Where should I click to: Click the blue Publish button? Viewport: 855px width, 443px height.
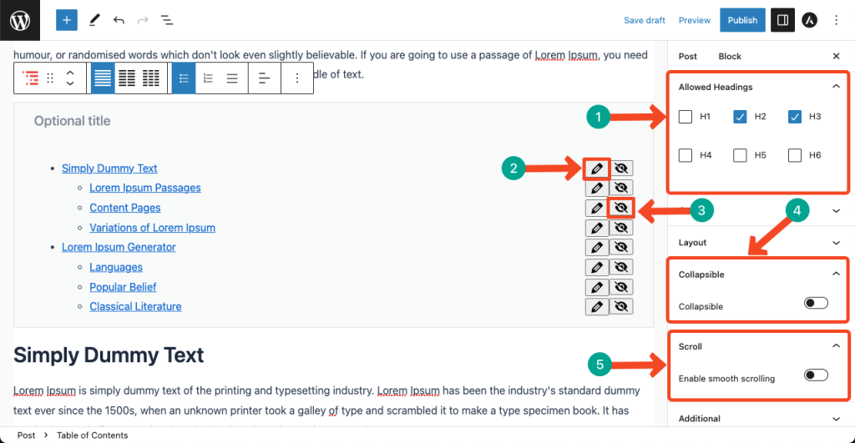[x=742, y=20]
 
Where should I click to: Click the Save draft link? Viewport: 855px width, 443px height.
[x=645, y=20]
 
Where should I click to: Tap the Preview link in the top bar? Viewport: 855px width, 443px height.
[x=695, y=20]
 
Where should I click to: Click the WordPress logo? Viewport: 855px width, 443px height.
[x=20, y=20]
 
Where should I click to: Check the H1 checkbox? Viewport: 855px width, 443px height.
[x=686, y=117]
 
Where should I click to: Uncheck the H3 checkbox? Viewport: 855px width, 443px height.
[x=795, y=117]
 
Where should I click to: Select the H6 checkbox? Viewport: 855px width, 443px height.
[x=795, y=155]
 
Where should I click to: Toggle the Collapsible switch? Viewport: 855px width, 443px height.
[x=816, y=303]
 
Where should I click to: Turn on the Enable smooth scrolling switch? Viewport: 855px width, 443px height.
[x=816, y=375]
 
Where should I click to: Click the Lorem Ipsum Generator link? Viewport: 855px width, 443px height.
[x=119, y=247]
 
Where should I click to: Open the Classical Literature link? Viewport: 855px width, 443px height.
[x=135, y=306]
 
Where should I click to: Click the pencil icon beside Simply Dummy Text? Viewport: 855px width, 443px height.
[x=596, y=169]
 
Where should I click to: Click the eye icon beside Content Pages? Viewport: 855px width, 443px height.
[x=620, y=208]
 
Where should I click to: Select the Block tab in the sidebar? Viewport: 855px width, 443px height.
[x=730, y=56]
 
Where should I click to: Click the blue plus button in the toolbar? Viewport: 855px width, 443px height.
[x=67, y=20]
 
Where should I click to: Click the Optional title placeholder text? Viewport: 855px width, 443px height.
[x=72, y=121]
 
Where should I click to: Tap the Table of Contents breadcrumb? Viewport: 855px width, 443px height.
[x=92, y=435]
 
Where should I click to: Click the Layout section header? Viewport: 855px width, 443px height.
[x=693, y=243]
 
